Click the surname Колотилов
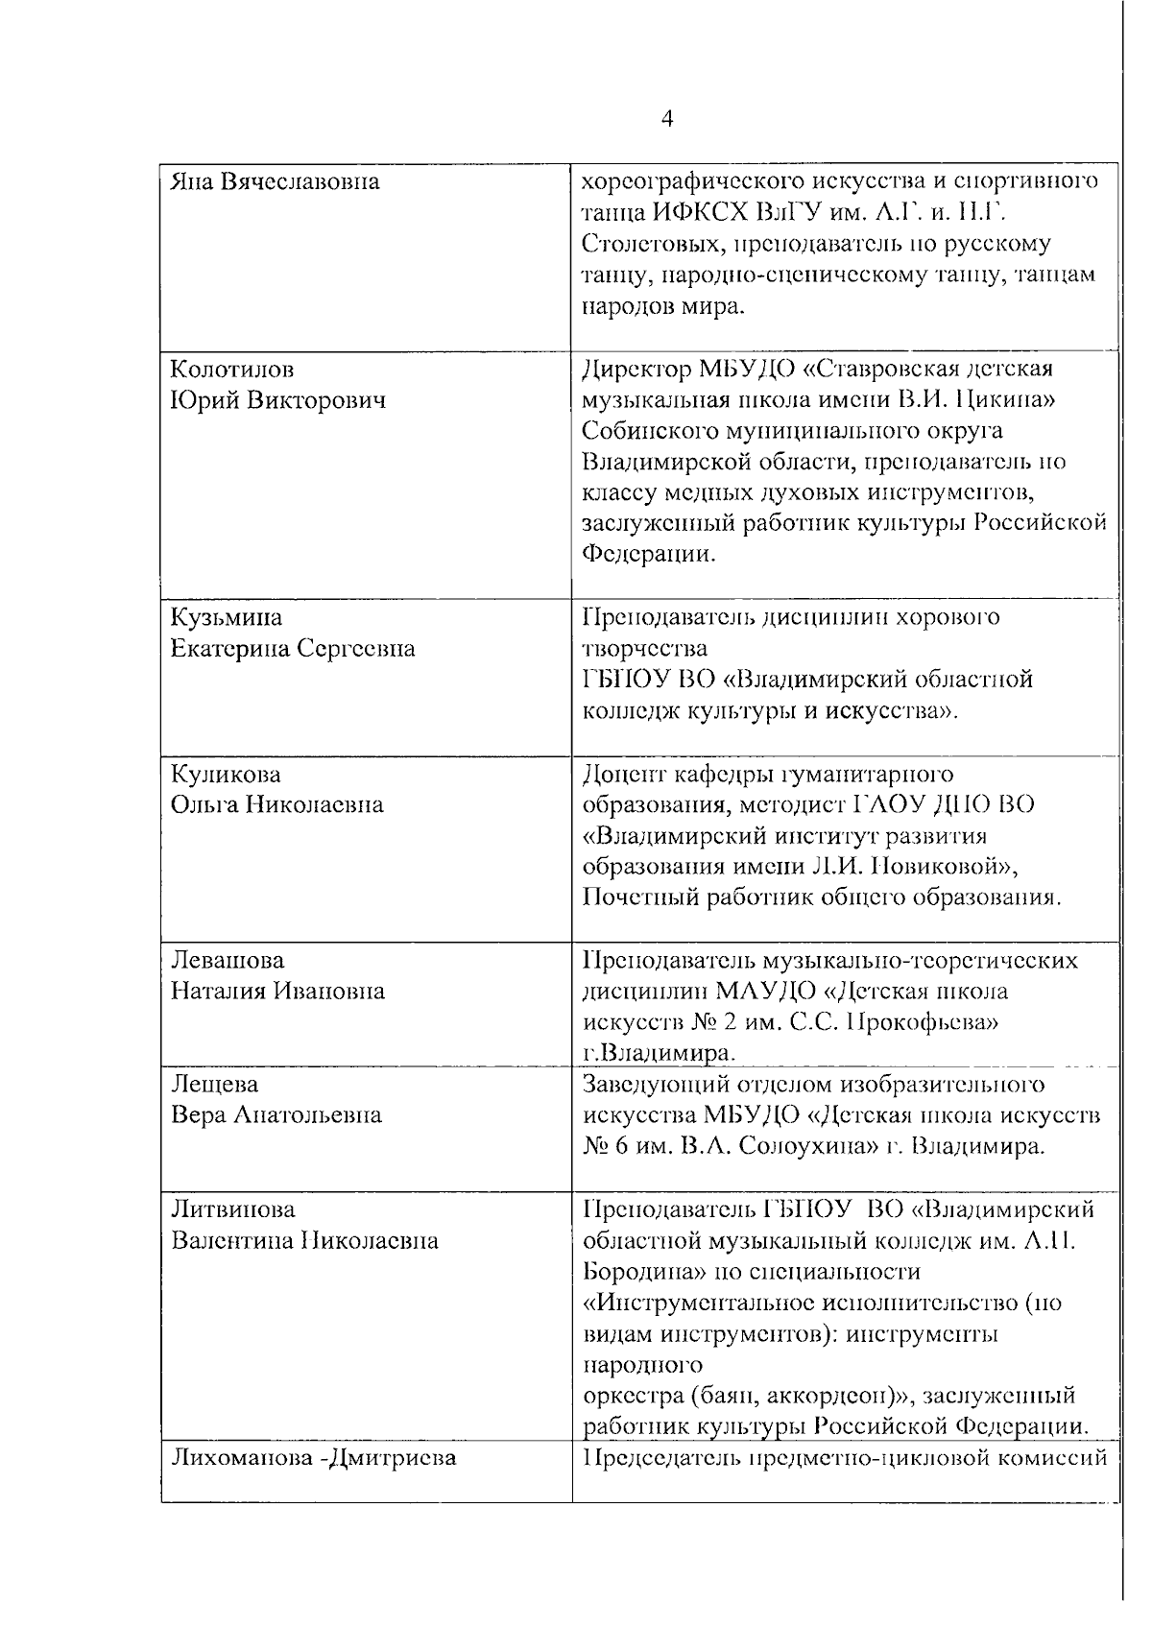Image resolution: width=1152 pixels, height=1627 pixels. (x=232, y=370)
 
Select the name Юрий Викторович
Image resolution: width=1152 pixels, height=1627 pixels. (x=278, y=401)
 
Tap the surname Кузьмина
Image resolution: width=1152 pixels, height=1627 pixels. (x=227, y=616)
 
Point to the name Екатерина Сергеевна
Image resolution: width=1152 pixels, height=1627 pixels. (x=293, y=649)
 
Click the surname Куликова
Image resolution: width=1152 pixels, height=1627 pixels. (x=226, y=774)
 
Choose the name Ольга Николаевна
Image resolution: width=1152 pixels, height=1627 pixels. (x=276, y=804)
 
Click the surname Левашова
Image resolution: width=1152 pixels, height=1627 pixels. (x=228, y=960)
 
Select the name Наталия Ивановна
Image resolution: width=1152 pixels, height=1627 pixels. (x=277, y=991)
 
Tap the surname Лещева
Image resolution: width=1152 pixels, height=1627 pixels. (x=214, y=1084)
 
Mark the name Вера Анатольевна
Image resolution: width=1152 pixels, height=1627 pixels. (x=276, y=1115)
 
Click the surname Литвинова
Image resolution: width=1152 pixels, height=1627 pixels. (x=233, y=1209)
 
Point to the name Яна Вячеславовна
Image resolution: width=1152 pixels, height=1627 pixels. (x=275, y=181)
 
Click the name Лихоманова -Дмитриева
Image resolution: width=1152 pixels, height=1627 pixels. (x=313, y=1459)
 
